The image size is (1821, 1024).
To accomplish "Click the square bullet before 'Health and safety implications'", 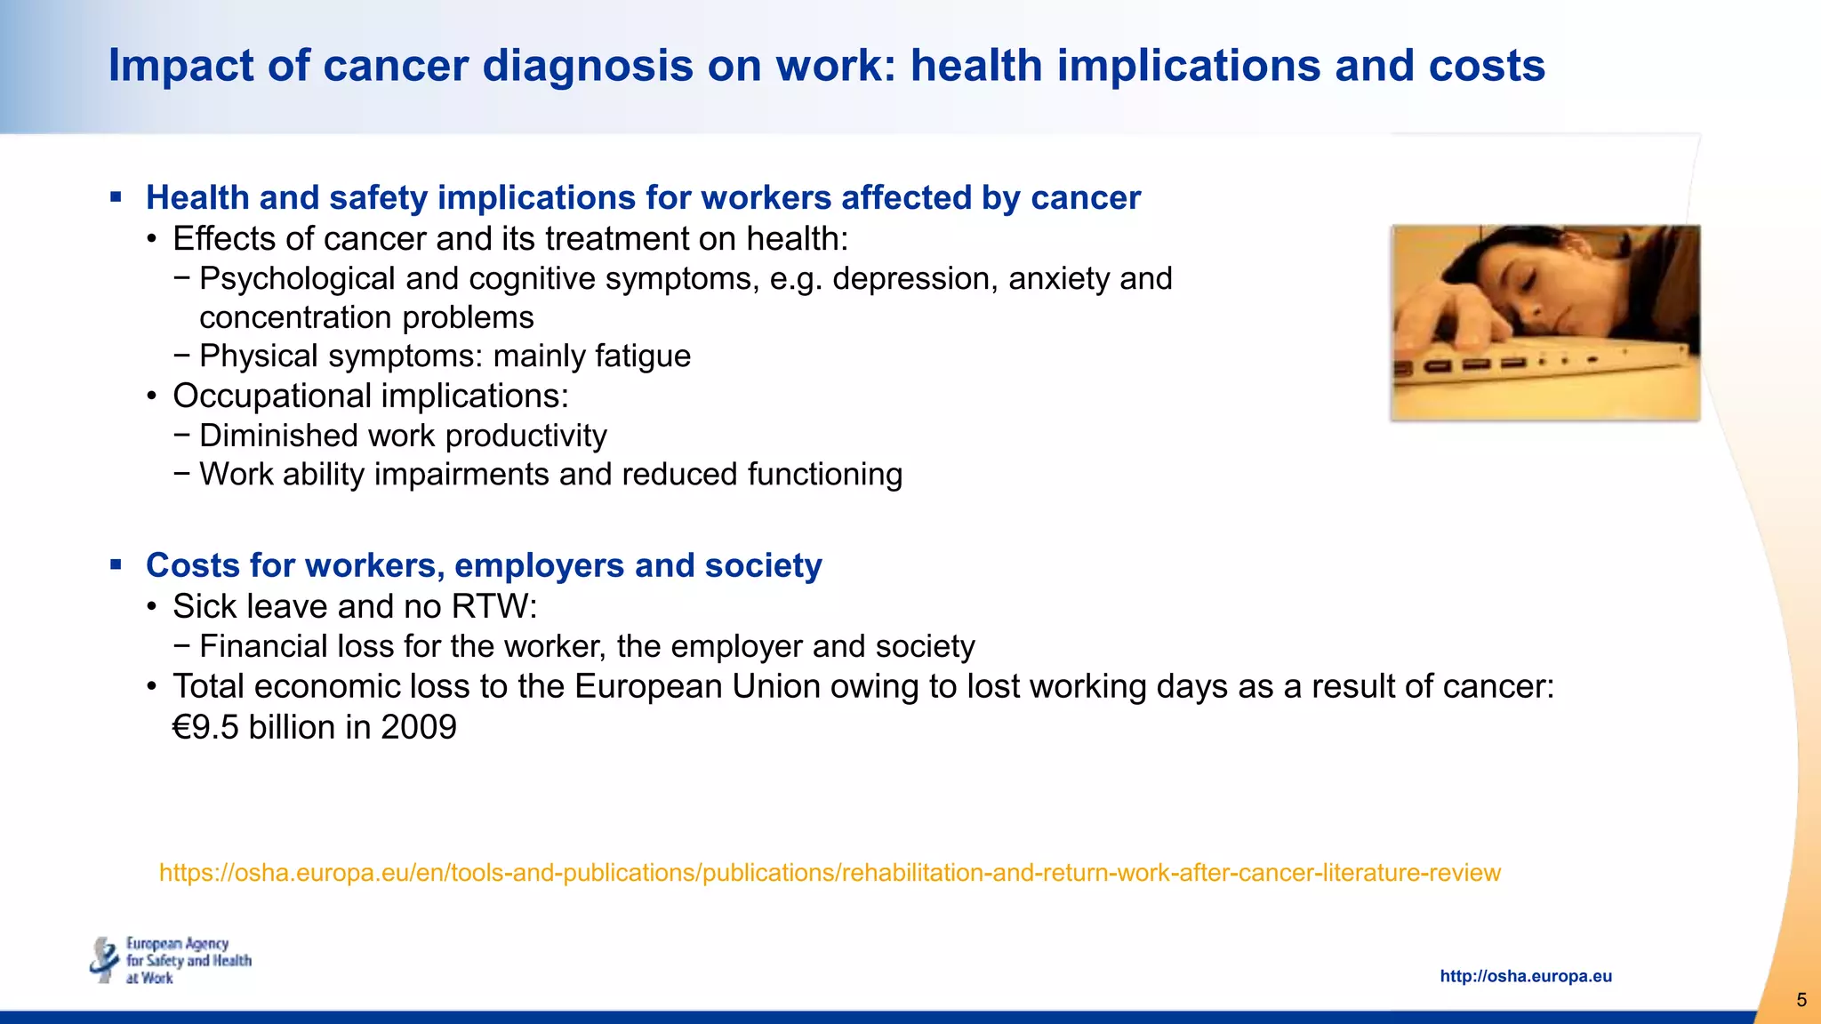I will point(116,196).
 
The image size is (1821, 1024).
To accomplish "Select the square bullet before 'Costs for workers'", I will point(116,564).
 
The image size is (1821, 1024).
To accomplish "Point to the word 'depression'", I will point(902,279).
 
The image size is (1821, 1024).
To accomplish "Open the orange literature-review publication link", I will point(830,873).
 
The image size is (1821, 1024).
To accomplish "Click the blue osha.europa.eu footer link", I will point(1525,976).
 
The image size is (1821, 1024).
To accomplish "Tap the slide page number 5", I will point(1801,1000).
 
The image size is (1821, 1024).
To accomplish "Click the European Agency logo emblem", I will point(105,960).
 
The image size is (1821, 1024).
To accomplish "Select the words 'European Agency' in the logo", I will point(177,943).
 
